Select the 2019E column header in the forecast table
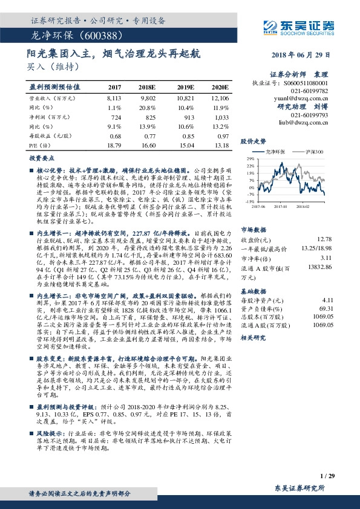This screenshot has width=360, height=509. [x=186, y=87]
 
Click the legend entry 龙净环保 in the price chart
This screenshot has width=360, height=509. [x=272, y=151]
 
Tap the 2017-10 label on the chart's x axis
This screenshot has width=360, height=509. [x=281, y=206]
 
